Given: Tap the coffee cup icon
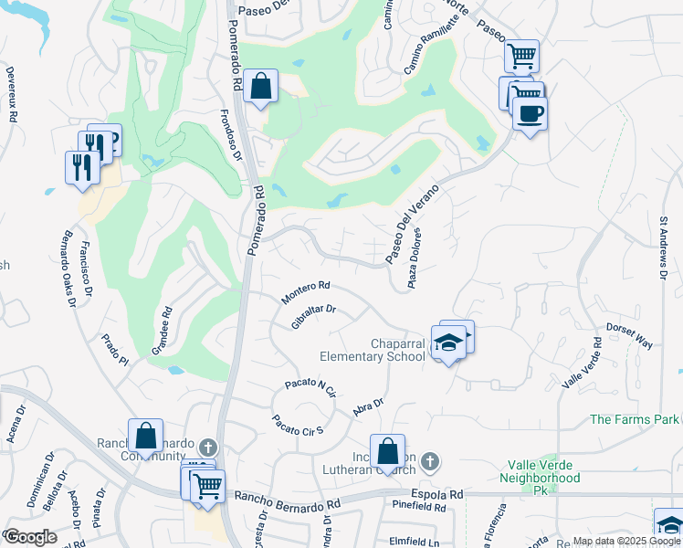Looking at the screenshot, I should (529, 114).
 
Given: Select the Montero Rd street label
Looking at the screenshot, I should (305, 292).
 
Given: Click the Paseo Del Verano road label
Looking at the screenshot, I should (412, 224).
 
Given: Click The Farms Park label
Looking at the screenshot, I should (635, 419).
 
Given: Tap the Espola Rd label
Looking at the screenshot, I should (436, 494).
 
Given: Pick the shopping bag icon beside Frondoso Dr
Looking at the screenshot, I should (261, 87).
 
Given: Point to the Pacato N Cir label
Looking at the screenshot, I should (310, 387).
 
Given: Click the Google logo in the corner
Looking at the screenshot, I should (30, 537).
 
